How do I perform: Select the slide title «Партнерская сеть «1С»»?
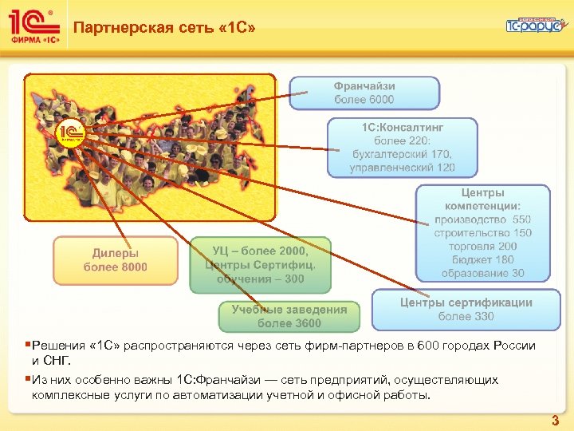tap(165, 30)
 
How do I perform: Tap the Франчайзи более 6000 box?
tap(364, 93)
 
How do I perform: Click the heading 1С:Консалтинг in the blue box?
tap(403, 127)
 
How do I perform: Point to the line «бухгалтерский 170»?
tap(403, 154)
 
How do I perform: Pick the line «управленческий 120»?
tap(403, 168)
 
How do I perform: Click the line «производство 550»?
tap(483, 219)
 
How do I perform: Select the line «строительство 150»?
tap(483, 233)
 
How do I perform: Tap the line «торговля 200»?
tap(483, 247)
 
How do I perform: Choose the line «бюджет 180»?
tap(483, 260)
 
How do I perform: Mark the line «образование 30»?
tap(483, 274)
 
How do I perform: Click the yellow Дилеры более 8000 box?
tap(116, 260)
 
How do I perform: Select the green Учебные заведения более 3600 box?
tap(289, 316)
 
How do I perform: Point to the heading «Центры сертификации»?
tap(466, 302)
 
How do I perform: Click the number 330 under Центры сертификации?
tap(483, 317)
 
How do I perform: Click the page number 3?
tap(555, 420)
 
